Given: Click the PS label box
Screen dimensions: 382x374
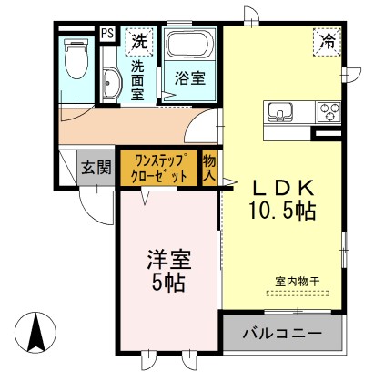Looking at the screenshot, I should click(107, 34).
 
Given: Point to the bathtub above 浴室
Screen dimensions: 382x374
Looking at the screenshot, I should click(191, 46).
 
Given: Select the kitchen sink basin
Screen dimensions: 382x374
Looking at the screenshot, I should click(282, 113).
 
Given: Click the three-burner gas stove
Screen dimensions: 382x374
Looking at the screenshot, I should click(328, 111).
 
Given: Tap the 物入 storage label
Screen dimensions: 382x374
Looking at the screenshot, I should click(209, 167).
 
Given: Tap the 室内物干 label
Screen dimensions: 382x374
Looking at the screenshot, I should click(293, 281).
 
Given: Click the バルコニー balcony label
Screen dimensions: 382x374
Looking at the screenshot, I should click(281, 335).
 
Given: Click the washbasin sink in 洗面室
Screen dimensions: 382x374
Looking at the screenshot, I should click(109, 83).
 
